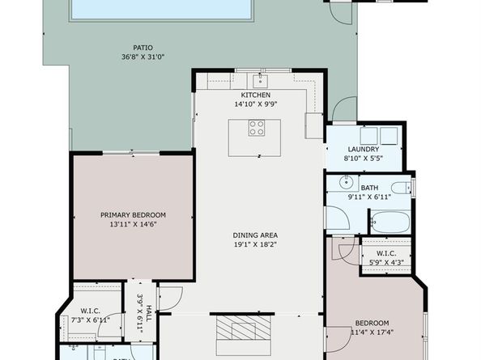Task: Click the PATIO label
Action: [x=143, y=48]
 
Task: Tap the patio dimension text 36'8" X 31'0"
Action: [x=143, y=57]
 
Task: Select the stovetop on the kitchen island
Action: [x=256, y=128]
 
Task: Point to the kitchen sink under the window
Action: [x=260, y=80]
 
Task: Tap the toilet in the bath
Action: [x=407, y=188]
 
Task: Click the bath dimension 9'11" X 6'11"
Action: [x=369, y=197]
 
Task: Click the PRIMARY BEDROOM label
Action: [x=133, y=214]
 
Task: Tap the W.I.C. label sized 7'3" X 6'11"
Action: [x=89, y=311]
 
